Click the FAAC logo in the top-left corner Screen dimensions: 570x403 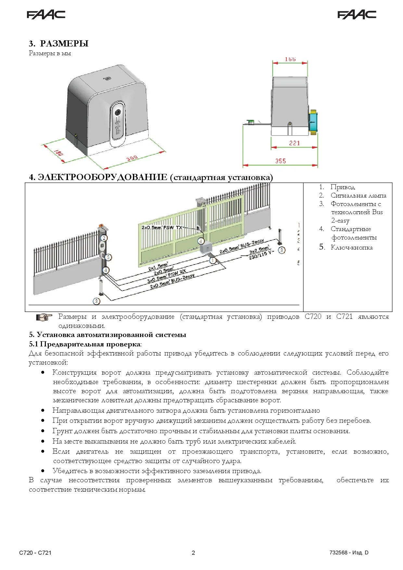tap(46, 15)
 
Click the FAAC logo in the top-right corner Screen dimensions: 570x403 tap(357, 15)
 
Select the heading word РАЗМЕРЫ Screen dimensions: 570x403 tap(64, 44)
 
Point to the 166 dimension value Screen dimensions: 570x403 tap(290, 59)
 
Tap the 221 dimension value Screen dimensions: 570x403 tap(294, 143)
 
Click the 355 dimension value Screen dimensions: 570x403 tap(280, 161)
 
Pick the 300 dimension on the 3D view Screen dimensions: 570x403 tap(132, 158)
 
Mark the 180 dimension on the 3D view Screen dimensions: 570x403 tap(58, 153)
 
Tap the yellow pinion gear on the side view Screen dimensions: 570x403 tap(313, 122)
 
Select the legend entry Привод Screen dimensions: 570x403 tap(343, 187)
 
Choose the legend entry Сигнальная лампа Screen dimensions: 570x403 tap(358, 196)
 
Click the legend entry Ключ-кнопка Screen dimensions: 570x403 tap(351, 248)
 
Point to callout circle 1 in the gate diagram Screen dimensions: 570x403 tap(213, 261)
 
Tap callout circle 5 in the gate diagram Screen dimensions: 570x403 tap(108, 257)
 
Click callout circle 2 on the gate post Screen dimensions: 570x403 tap(104, 238)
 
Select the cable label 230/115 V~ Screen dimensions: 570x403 tap(261, 255)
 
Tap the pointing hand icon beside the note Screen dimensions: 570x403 tap(44, 317)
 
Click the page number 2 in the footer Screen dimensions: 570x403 tap(193, 553)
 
